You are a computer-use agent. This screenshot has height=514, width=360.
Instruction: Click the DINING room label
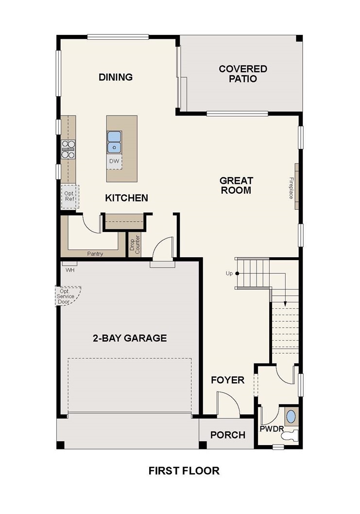coord(116,77)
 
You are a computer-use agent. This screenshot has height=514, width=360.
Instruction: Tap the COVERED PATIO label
coord(243,74)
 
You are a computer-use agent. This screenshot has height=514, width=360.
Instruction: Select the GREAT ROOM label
coord(236,185)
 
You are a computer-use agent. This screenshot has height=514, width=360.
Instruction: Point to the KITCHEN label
coord(126,198)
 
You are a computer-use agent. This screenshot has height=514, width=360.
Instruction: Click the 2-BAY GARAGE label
coord(130,338)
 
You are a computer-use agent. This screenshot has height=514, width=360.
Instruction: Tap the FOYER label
coord(228,380)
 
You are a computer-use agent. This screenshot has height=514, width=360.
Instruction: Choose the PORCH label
coord(228,435)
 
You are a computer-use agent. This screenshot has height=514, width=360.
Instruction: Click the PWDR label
coord(272,429)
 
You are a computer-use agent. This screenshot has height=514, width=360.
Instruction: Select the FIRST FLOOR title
coord(184,471)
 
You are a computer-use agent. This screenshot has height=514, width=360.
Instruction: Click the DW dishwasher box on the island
coord(114,162)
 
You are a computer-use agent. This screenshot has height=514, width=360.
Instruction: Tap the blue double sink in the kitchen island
coord(114,142)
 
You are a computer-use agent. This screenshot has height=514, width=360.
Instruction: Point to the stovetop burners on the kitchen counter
coord(68,149)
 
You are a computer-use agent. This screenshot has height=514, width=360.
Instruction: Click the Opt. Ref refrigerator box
coord(69,197)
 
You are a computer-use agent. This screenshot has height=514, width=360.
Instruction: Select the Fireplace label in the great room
coord(291,188)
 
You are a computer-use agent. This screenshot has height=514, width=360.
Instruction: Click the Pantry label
coord(95,254)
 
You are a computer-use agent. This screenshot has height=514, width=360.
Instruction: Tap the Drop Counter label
coord(135,245)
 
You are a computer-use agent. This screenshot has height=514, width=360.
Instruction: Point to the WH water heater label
coord(70,270)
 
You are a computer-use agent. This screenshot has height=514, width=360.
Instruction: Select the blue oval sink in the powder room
coord(291,416)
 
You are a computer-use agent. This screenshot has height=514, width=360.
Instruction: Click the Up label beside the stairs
coord(229,273)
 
